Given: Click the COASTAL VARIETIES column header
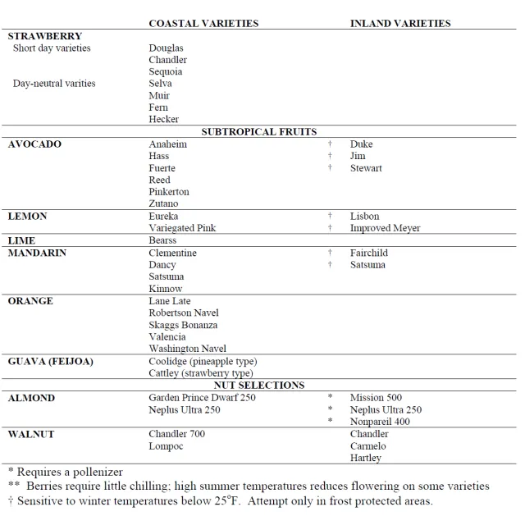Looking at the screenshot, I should (203, 23).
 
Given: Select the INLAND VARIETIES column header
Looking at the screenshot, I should (400, 23).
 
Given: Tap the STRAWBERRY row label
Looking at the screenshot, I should (44, 36).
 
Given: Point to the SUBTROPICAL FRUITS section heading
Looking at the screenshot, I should (259, 131).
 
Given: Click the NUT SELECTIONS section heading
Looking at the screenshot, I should (259, 385).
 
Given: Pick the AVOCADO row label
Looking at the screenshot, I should (34, 144).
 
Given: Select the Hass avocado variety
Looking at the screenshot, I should (159, 156).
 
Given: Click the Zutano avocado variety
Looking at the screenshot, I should (163, 203).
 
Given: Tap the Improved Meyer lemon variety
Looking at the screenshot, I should (385, 228).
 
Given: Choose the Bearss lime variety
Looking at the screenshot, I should (162, 240).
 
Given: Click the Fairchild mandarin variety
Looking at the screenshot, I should (368, 253).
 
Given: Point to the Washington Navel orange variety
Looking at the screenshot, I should (187, 349).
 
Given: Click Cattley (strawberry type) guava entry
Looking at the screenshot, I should (201, 373).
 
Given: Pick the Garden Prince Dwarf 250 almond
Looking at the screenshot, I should (202, 398).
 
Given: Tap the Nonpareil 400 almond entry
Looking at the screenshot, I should (380, 422).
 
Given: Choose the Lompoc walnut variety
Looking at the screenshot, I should (166, 446).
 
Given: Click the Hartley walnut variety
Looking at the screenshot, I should (366, 458).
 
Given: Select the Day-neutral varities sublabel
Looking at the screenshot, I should (54, 84).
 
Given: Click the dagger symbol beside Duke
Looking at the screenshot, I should (330, 144).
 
